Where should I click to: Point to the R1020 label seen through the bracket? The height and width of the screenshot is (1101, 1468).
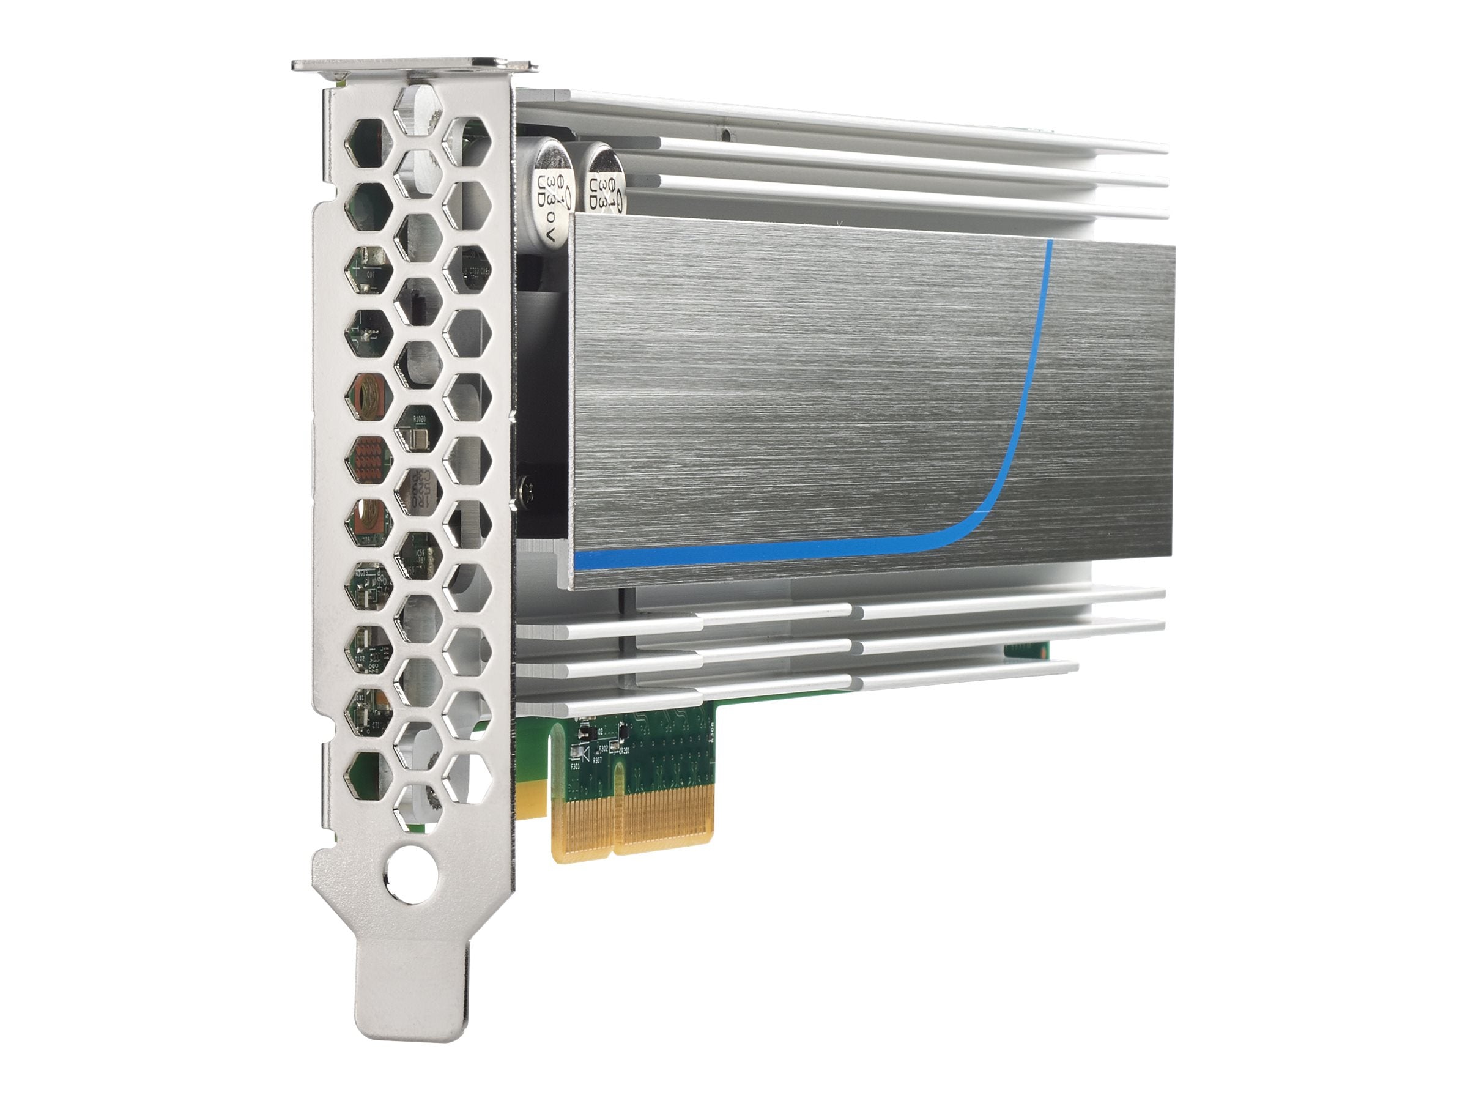tap(420, 420)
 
